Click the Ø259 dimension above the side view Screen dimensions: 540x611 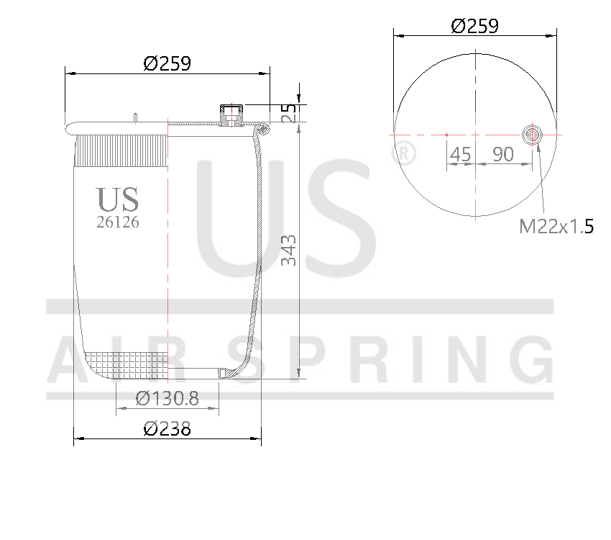167,63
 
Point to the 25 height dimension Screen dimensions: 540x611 288,113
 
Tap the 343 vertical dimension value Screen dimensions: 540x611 288,250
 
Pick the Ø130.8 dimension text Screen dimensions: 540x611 167,397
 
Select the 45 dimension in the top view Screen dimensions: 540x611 460,153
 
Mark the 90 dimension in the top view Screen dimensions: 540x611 502,153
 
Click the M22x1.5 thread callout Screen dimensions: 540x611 556,228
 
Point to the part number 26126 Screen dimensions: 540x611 118,222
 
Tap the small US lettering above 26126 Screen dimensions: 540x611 118,199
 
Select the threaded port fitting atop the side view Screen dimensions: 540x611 231,114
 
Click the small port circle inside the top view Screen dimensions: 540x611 532,135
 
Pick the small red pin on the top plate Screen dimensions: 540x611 135,118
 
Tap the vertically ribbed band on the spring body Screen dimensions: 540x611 121,152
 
